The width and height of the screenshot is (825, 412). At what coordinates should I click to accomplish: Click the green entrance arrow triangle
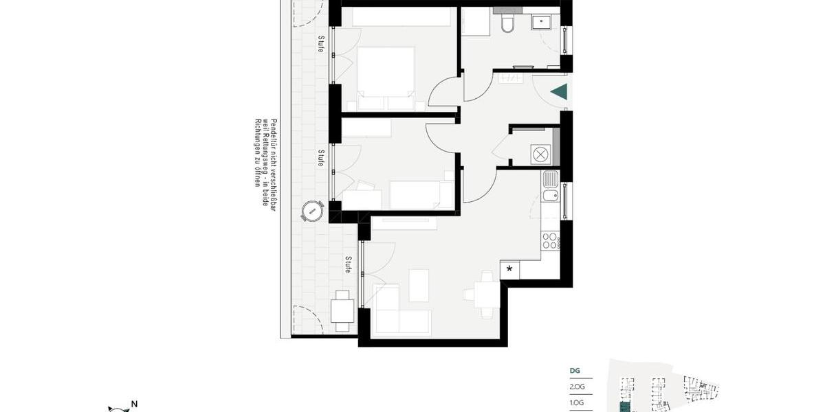[x=560, y=91]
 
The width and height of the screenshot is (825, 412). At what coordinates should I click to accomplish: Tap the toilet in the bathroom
[x=508, y=25]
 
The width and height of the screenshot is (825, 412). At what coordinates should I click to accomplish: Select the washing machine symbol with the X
[x=540, y=154]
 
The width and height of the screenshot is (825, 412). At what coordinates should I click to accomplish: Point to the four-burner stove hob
[x=551, y=240]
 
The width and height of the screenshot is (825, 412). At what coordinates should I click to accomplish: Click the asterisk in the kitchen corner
[x=509, y=269]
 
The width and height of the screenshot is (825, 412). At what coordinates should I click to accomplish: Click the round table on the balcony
[x=313, y=211]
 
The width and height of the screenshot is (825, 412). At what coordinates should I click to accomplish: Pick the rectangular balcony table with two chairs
[x=342, y=311]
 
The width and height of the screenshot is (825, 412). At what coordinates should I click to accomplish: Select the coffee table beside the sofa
[x=419, y=285]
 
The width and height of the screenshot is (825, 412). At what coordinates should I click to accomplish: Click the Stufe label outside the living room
[x=349, y=265]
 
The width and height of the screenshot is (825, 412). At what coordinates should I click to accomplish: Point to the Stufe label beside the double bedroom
[x=320, y=43]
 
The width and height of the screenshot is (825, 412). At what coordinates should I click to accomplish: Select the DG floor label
[x=575, y=371]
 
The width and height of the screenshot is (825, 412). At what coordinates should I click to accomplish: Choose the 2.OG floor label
[x=577, y=387]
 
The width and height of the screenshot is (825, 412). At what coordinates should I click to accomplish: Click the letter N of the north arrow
[x=135, y=404]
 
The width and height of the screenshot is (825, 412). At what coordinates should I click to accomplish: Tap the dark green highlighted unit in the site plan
[x=624, y=407]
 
